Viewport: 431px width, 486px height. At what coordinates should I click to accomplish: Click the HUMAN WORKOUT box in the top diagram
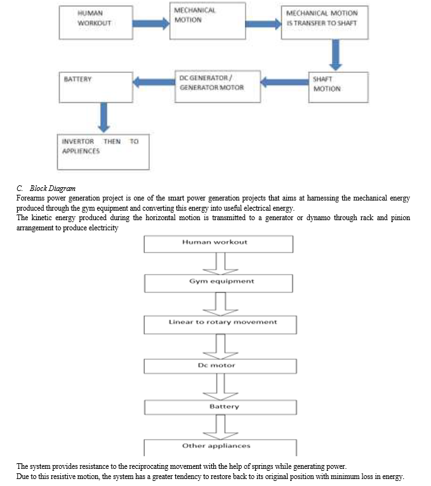click(x=96, y=23)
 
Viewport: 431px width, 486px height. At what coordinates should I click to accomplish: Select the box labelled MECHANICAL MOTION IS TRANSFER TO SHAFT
click(x=324, y=23)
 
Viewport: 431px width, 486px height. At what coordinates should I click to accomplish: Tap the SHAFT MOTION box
click(x=338, y=88)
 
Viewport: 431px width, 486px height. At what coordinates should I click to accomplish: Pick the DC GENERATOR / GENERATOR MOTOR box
click(x=218, y=86)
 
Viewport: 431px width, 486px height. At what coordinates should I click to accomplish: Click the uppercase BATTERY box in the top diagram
click(x=96, y=88)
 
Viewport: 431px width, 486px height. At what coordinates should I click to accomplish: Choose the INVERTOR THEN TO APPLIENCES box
click(x=103, y=152)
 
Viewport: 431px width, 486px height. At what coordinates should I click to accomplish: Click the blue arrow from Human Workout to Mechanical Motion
click(x=151, y=23)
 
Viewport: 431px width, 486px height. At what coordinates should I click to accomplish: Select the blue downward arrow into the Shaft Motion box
click(x=336, y=55)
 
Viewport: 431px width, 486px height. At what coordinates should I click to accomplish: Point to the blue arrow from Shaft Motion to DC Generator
click(x=284, y=82)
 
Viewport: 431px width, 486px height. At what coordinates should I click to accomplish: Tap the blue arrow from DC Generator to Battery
click(x=154, y=82)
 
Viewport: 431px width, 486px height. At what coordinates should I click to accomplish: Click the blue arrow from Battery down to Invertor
click(x=103, y=118)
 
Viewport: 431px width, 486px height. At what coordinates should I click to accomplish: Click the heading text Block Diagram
click(x=53, y=188)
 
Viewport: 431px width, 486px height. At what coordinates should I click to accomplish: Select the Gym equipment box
click(x=218, y=284)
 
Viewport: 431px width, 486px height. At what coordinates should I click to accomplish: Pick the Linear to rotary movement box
click(x=220, y=325)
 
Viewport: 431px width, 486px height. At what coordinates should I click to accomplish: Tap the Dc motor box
click(x=220, y=366)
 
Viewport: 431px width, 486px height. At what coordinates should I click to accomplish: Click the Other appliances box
click(x=220, y=447)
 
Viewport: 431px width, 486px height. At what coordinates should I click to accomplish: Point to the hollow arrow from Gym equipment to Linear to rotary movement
click(x=220, y=304)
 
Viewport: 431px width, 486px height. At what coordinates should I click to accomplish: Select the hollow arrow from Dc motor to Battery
click(x=220, y=387)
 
